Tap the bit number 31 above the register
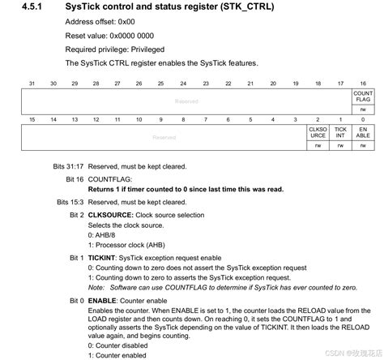tap(31, 84)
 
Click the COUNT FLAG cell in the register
tap(363, 97)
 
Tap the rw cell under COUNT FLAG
tap(363, 110)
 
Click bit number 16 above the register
tap(363, 84)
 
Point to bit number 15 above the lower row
tap(31, 119)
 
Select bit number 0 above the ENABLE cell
tap(363, 119)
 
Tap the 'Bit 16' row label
tap(75, 178)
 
